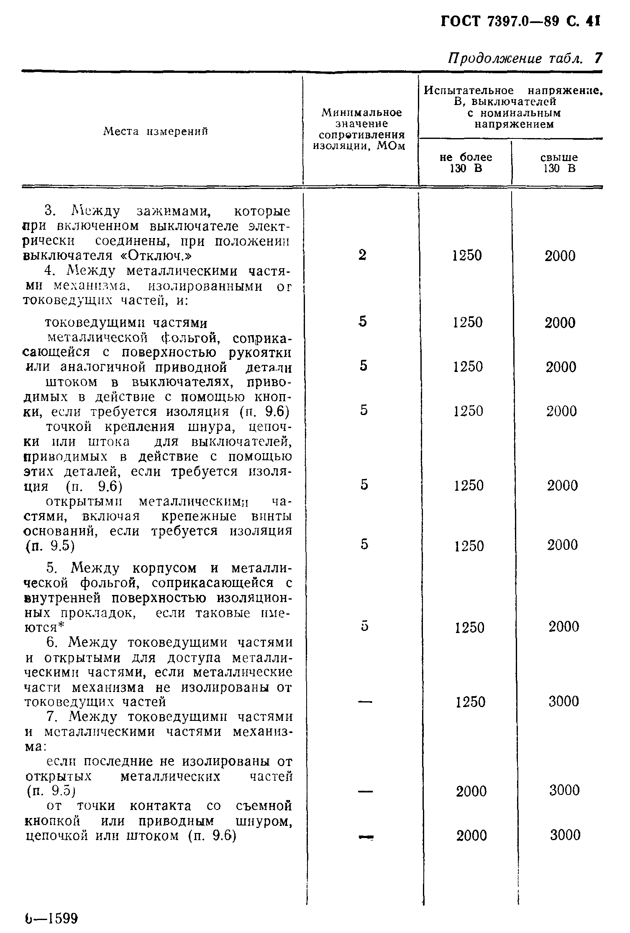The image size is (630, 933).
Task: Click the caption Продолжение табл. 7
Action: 525,59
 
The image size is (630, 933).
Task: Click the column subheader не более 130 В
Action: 466,163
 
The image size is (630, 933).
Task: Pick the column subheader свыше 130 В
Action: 559,163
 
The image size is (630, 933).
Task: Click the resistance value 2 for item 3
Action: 362,255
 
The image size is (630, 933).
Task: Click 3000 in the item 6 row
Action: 563,702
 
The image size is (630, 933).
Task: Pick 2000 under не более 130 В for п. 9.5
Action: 471,792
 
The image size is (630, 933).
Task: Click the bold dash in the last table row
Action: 365,836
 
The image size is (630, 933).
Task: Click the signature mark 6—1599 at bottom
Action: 51,918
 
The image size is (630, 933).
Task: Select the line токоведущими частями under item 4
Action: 126,323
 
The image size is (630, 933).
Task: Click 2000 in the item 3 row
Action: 560,256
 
